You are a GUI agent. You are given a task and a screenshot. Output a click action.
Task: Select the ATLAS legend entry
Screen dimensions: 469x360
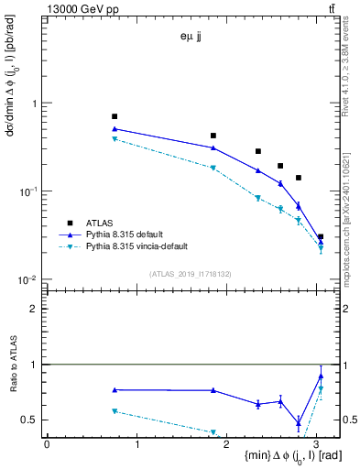point(100,222)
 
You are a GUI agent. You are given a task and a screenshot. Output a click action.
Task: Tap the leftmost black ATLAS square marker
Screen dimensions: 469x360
point(115,116)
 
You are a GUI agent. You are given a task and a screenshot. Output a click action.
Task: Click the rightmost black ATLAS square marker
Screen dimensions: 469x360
point(320,237)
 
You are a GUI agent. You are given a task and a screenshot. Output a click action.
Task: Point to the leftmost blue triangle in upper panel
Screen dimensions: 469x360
point(115,129)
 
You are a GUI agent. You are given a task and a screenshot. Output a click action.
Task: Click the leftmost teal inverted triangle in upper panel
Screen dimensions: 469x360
point(115,139)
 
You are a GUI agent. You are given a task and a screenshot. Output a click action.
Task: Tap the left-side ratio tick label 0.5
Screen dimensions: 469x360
point(33,420)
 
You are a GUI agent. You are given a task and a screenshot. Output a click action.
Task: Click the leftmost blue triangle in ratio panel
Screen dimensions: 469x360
point(115,390)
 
